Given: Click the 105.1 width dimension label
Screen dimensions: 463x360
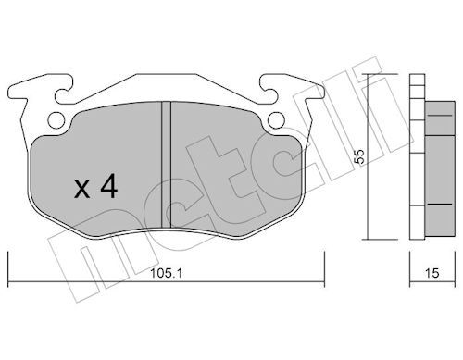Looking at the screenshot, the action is point(166,273).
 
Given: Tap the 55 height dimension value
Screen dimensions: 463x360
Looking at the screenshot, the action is point(360,156).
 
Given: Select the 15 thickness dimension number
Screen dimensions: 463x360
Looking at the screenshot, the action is point(432,273).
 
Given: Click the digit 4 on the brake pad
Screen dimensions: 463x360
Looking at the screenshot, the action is point(109,186).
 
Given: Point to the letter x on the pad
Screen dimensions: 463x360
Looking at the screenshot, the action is point(82,189).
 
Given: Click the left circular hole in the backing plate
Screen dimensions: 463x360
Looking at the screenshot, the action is point(56,119).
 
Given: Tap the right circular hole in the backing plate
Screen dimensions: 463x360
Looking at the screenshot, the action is point(276,119).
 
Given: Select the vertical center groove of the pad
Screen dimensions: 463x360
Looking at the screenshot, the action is point(166,165).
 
